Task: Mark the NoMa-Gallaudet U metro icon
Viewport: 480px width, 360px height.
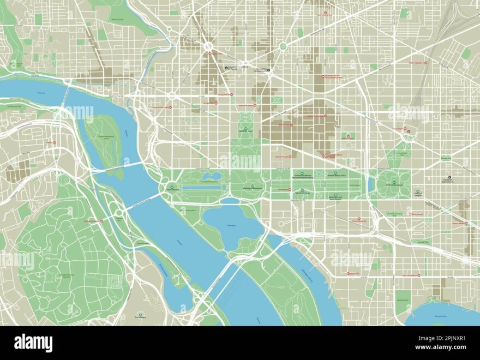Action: [x=426, y=63]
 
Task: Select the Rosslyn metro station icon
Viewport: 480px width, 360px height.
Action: [x=55, y=143]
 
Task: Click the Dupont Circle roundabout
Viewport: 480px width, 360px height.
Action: [x=208, y=47]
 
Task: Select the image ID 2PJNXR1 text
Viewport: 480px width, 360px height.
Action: [x=447, y=338]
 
